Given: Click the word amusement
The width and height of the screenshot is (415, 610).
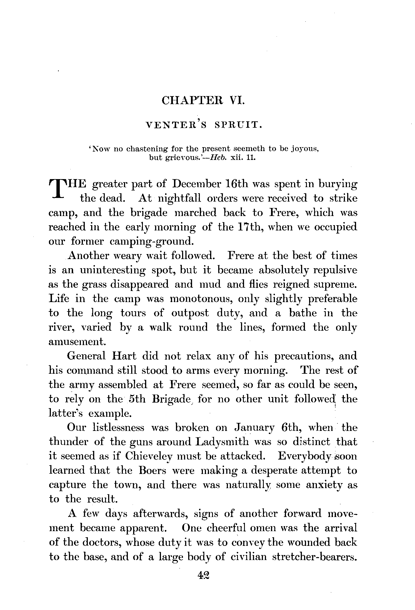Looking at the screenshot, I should [77, 342].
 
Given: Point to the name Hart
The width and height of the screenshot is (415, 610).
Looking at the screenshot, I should [124, 356].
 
